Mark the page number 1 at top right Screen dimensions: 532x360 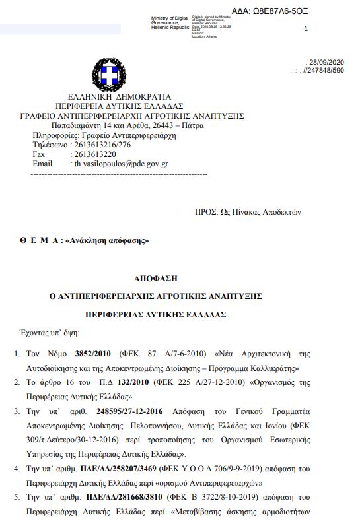pos(306,30)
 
